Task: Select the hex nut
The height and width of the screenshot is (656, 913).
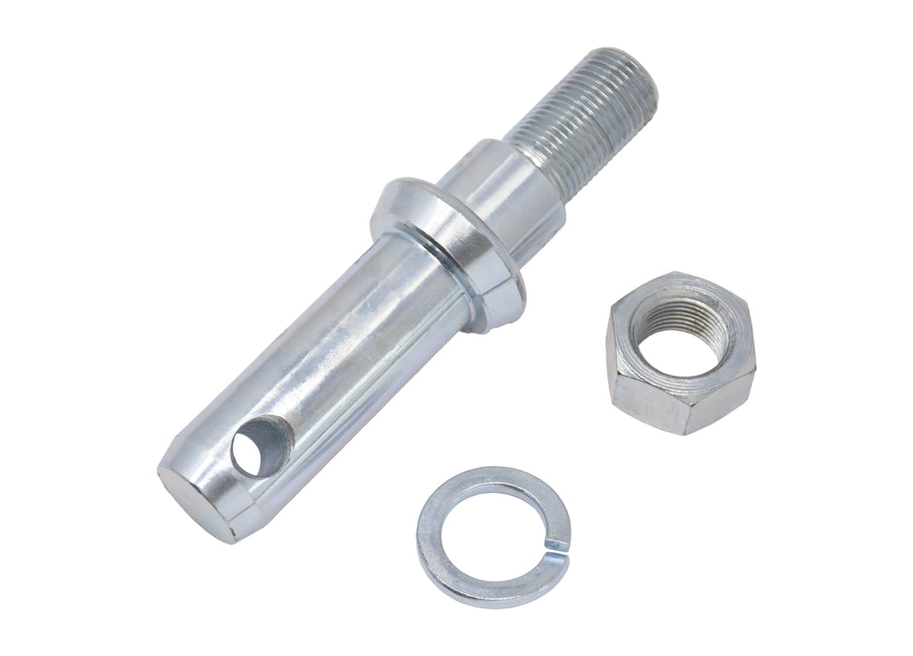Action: click(680, 351)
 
